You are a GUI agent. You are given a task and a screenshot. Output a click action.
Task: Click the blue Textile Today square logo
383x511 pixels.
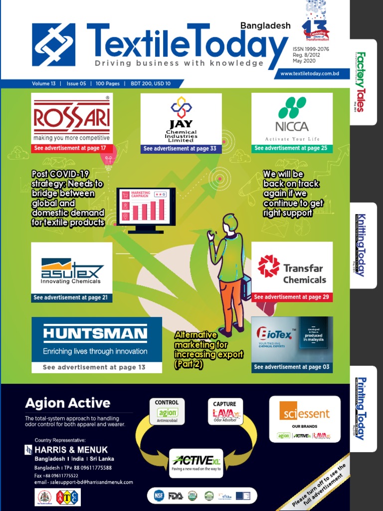tap(54, 45)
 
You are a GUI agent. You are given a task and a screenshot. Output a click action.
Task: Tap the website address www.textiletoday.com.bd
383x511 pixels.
tap(310, 73)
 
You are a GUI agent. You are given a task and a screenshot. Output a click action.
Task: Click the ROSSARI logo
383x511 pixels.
tap(72, 118)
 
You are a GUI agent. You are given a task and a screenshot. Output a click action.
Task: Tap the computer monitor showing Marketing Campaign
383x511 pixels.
tap(146, 209)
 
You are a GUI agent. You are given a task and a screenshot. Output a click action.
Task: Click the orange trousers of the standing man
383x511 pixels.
tap(230, 302)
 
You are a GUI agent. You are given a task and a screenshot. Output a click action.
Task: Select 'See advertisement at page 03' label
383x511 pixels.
tap(291, 367)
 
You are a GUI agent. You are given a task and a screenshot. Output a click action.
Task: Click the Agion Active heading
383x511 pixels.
tap(68, 403)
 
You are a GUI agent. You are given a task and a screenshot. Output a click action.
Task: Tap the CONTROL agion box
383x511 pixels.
tap(167, 411)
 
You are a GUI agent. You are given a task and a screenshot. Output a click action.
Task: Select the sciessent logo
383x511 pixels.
tap(304, 414)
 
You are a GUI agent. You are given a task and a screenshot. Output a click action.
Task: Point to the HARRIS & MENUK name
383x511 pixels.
tap(71, 450)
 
